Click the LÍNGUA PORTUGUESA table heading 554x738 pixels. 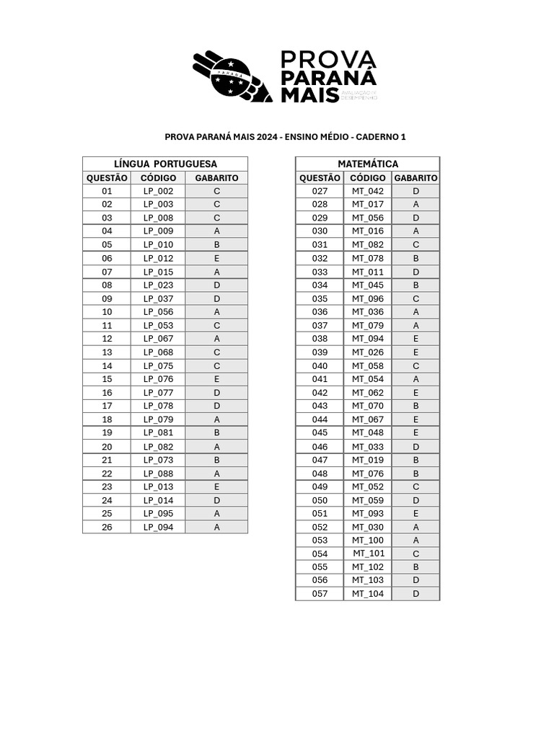click(x=165, y=164)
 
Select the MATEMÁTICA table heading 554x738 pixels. click(x=367, y=164)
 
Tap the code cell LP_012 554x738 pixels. click(x=158, y=258)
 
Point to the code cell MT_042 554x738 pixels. click(x=367, y=191)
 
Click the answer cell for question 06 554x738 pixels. click(x=216, y=258)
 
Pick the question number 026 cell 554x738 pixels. click(x=107, y=527)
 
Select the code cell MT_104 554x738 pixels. click(x=367, y=593)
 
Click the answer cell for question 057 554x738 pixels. click(x=415, y=593)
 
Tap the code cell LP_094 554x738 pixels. click(x=158, y=527)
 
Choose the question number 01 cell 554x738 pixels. click(x=107, y=191)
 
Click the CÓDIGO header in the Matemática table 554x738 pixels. click(x=367, y=178)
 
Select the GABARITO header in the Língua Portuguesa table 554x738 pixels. click(x=216, y=178)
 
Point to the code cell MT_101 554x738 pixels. click(x=369, y=553)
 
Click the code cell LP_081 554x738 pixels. click(x=158, y=432)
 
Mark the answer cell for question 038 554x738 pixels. click(x=415, y=339)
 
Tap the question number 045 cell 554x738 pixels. click(x=320, y=432)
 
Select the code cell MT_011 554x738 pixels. click(x=367, y=272)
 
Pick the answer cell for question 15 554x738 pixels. click(x=216, y=379)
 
